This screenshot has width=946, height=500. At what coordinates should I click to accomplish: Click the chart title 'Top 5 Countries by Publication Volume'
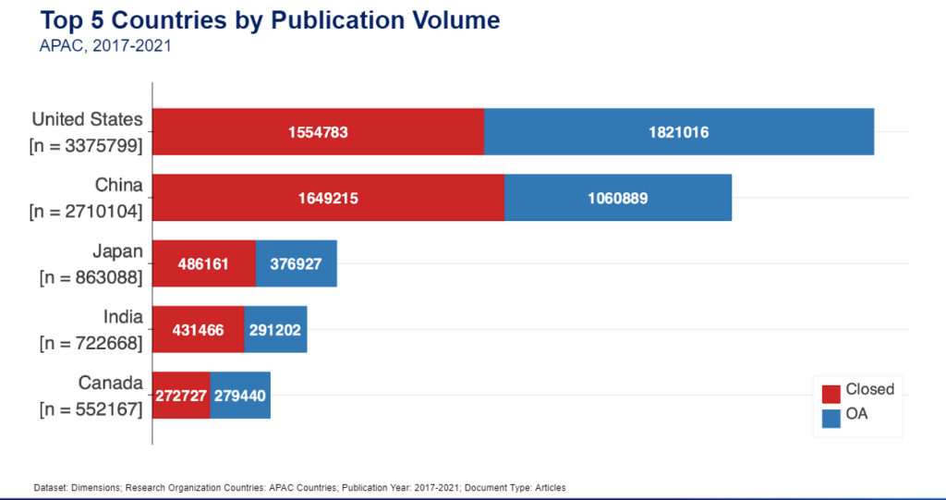pos(270,20)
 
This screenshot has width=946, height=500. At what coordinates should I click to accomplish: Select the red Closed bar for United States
pos(318,132)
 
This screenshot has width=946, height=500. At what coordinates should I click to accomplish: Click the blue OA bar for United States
pos(679,132)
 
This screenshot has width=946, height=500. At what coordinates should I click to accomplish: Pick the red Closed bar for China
pos(328,198)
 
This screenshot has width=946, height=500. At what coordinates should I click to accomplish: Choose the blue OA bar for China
pos(618,198)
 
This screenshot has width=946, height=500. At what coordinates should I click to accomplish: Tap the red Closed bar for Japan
pos(203,263)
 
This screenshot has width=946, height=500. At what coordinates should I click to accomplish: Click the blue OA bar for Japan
pos(297,263)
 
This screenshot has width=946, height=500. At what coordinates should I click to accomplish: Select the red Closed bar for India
pos(198,329)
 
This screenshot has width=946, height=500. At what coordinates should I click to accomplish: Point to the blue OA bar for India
pos(275,329)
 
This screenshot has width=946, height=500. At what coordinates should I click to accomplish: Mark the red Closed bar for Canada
pos(181,396)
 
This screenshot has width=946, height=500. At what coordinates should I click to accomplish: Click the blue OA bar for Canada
pos(240,396)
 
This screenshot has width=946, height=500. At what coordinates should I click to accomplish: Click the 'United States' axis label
pos(87,119)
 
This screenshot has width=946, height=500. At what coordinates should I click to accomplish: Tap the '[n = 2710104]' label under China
pos(86,212)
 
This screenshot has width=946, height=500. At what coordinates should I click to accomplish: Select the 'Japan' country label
pos(117,251)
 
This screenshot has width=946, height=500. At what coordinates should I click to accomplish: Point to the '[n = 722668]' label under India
pos(91,344)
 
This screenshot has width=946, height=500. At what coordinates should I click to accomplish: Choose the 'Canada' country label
pos(111,384)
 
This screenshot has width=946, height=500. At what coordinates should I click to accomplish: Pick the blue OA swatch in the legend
pos(831,418)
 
